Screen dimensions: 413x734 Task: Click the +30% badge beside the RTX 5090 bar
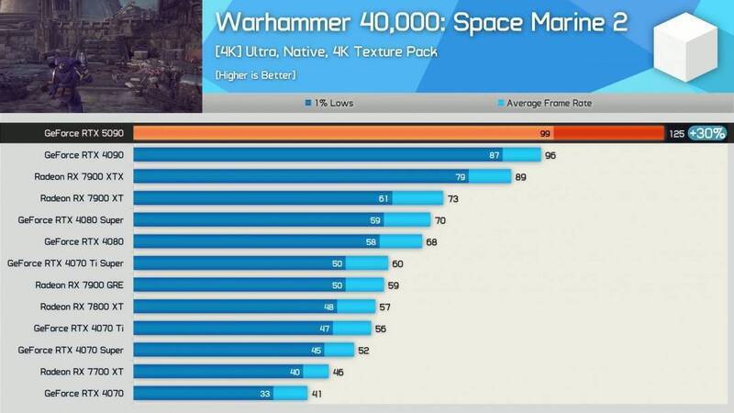706,133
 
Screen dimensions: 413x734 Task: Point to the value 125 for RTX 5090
677,134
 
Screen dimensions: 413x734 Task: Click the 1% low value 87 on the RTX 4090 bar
495,155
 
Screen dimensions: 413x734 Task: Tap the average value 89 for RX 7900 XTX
520,176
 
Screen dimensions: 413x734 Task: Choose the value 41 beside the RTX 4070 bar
317,394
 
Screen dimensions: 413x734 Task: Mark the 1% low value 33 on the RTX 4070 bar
264,394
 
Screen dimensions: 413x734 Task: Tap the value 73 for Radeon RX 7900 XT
451,198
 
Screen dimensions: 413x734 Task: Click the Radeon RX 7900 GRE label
84,285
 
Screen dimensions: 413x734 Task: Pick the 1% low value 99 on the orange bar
545,134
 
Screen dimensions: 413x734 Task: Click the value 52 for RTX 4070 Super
364,350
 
